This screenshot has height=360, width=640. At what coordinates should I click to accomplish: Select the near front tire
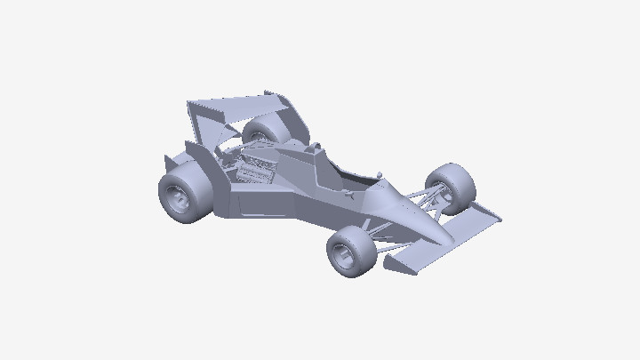point(349,252)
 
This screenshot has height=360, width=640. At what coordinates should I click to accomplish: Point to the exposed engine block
point(253,165)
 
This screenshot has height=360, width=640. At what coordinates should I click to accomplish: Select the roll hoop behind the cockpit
point(313,151)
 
